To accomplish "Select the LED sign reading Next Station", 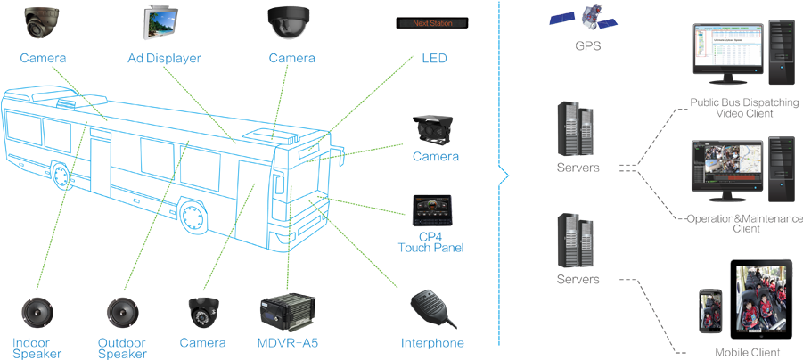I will coord(433,21).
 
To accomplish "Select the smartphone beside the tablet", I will coord(710,312).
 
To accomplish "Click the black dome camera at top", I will coord(290,22).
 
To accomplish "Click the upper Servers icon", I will coord(576,130).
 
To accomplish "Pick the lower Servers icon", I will coord(576,241).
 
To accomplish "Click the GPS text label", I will coord(587,46).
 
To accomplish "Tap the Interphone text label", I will coord(433,343).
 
